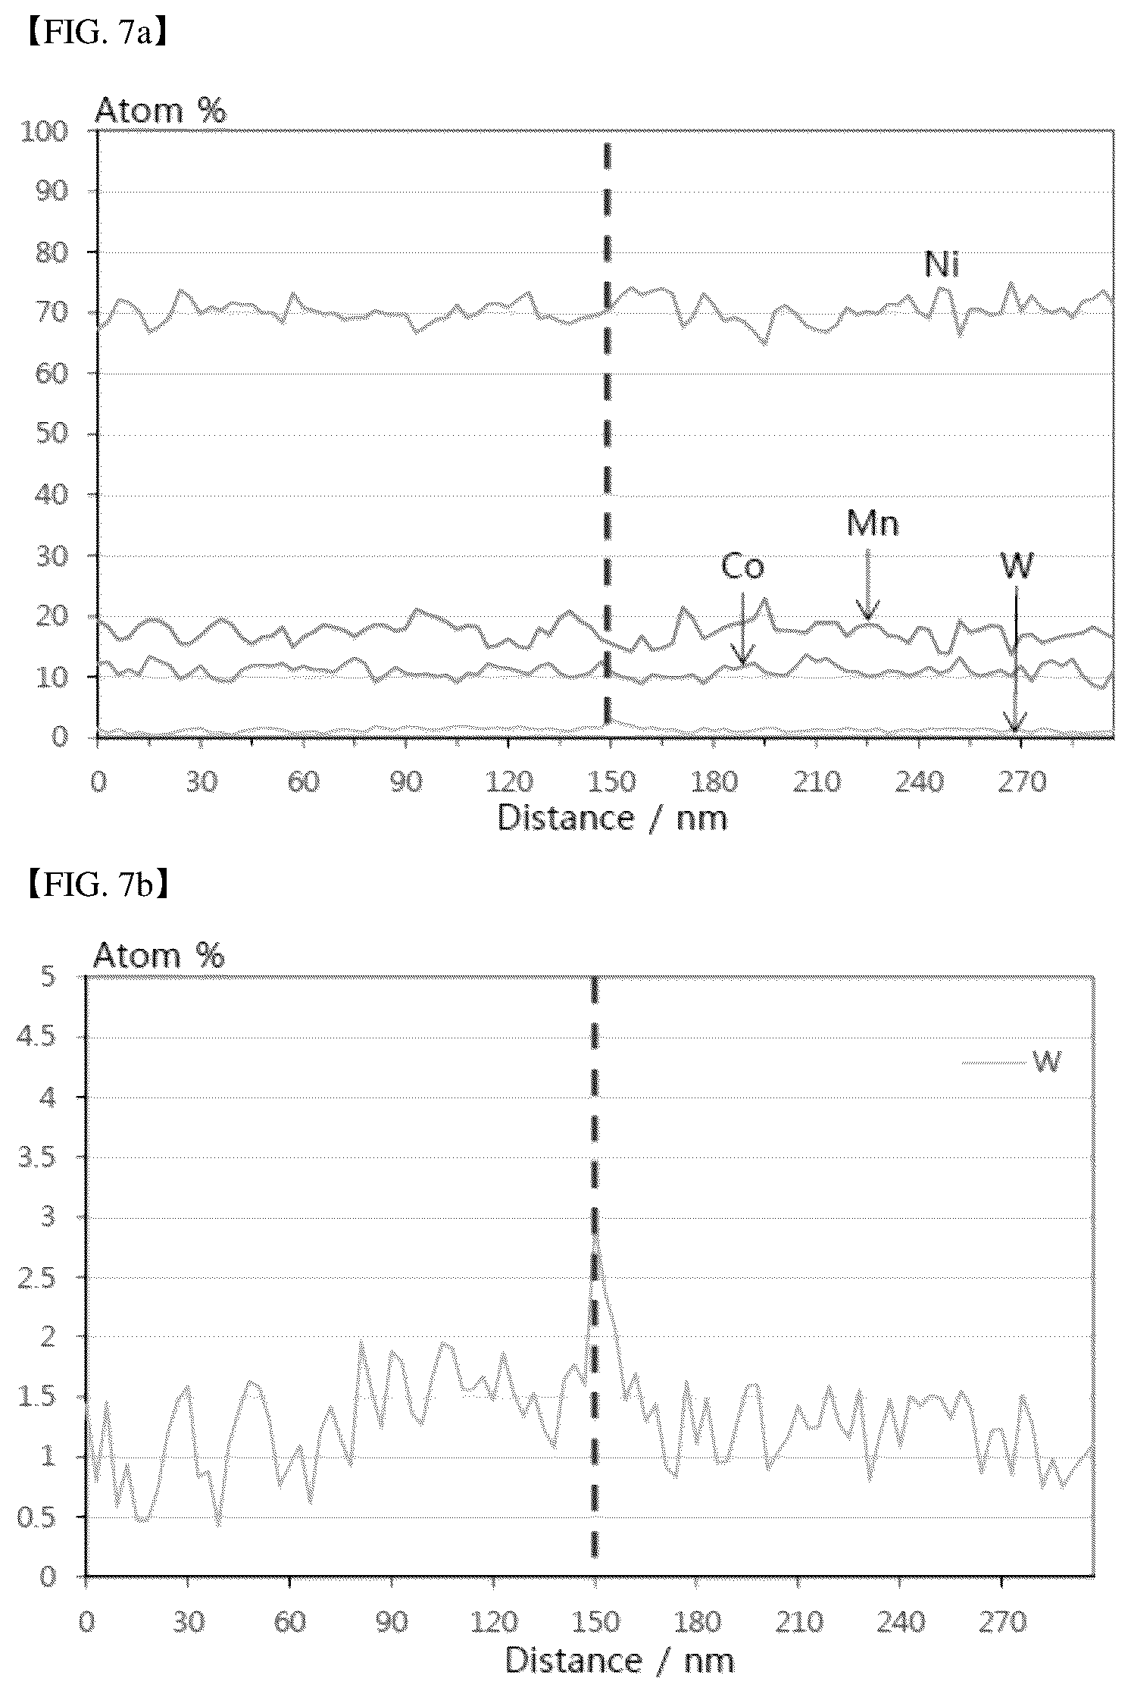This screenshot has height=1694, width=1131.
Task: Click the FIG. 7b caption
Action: tap(97, 885)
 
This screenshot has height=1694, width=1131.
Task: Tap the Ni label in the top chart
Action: tap(942, 265)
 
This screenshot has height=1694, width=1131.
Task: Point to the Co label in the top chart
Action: tap(742, 566)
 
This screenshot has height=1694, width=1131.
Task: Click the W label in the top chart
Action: tap(1017, 565)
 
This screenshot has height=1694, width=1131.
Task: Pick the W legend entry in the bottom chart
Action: tap(1012, 1062)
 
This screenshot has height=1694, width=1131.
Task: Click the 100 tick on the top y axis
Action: tap(47, 132)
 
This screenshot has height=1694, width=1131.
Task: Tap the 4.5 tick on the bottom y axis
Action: tap(36, 1038)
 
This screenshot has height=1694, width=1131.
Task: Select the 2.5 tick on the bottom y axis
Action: tap(36, 1278)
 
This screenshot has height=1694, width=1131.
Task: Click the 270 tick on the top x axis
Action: tap(1021, 781)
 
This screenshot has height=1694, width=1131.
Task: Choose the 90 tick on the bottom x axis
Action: tap(392, 1623)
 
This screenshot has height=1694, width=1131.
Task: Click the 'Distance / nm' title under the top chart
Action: tap(612, 819)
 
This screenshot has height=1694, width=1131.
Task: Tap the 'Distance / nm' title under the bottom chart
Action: tap(620, 1661)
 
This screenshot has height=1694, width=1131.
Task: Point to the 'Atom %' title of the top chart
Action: tap(160, 111)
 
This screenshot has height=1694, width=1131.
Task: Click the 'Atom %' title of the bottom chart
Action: tap(159, 956)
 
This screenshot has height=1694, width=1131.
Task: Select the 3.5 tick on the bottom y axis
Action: tap(36, 1158)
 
